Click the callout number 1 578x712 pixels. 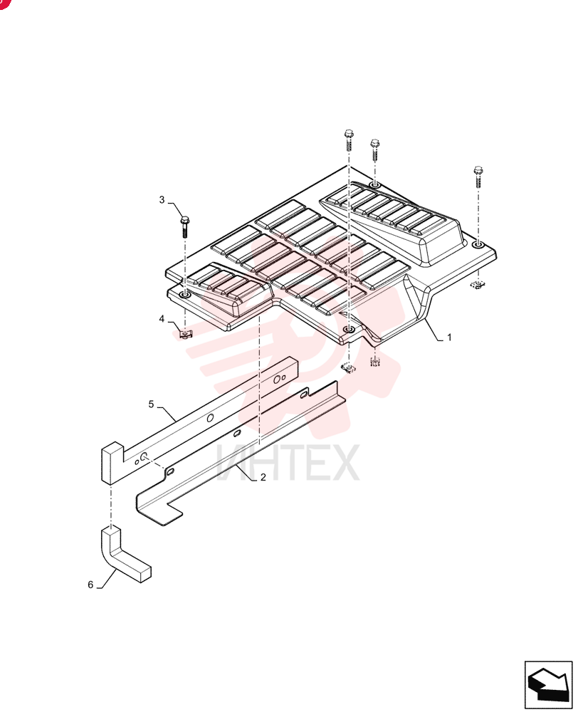click(x=449, y=337)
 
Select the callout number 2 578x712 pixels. click(x=263, y=477)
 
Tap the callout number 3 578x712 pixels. click(x=162, y=200)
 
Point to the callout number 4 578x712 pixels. click(x=162, y=319)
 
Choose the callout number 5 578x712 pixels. click(x=151, y=404)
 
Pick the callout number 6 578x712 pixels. click(x=90, y=585)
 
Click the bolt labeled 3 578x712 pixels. click(x=185, y=226)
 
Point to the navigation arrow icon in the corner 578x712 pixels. click(x=549, y=685)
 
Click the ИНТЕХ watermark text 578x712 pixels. click(x=288, y=463)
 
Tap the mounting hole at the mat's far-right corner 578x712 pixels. click(x=478, y=245)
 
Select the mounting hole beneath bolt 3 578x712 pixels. click(x=185, y=295)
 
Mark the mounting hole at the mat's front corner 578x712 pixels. click(x=349, y=329)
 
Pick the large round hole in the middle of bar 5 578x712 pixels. click(x=210, y=418)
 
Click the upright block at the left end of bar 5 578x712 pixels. click(x=112, y=464)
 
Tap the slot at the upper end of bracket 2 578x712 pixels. click(x=303, y=395)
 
